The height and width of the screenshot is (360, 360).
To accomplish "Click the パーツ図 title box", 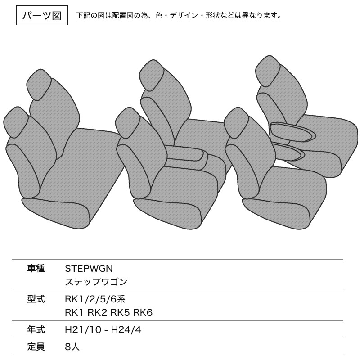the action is pos(42,15).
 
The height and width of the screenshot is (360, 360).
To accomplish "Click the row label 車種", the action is pos(36,268).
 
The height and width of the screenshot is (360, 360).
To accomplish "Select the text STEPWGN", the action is pos(89,268).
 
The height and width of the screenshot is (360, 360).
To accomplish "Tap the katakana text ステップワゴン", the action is pos(96,282).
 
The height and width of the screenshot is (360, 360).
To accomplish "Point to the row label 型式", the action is pos(36,299).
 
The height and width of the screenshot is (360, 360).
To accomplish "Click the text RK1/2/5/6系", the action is pos(95,299).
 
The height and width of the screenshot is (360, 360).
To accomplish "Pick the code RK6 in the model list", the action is pos(143,312).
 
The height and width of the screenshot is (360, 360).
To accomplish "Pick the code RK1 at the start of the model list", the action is pos(74,312).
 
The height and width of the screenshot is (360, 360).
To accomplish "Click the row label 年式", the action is pos(36,330).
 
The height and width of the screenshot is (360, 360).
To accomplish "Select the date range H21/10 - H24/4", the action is pos(103,330).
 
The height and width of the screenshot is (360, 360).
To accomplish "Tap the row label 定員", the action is pos(36,346).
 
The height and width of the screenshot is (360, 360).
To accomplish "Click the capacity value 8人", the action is pos(72,346).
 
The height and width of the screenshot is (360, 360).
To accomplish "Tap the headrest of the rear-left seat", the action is pos(39,85).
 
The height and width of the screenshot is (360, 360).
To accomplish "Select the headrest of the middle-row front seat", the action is pos(128,123).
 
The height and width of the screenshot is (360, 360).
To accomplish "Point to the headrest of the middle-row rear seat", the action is pos(152,75).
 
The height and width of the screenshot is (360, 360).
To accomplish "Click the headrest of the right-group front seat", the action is pos(236,123).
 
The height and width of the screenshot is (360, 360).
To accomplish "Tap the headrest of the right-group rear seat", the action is pos(268,71).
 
